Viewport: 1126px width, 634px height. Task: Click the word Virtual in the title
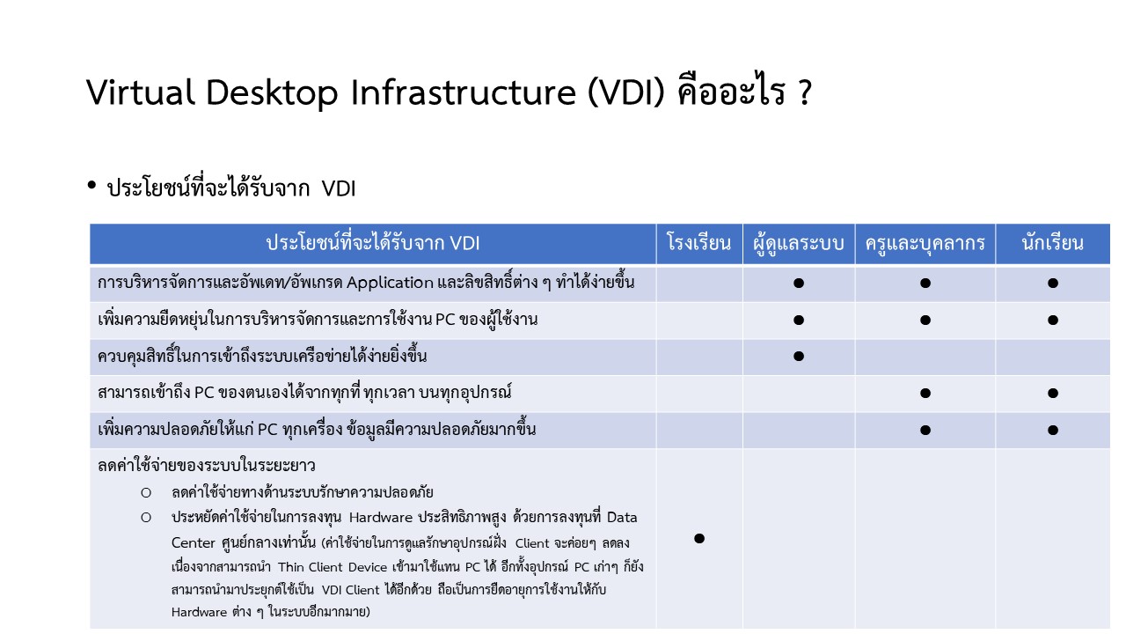tap(140, 92)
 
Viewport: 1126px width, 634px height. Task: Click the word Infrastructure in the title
tap(463, 92)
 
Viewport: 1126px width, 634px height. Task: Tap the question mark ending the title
tap(804, 92)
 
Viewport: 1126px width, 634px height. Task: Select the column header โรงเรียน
tap(698, 243)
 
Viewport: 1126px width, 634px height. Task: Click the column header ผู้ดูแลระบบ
tap(798, 244)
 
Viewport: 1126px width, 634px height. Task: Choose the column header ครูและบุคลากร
tap(925, 244)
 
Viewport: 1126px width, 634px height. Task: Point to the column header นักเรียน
tap(1053, 243)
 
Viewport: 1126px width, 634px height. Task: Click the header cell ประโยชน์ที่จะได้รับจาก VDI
tap(372, 243)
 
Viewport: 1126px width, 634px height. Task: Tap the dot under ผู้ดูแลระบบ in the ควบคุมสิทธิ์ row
tap(798, 357)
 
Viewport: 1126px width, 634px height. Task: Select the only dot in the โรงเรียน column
tap(698, 538)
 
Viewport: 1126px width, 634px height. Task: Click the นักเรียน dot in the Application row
tap(1053, 283)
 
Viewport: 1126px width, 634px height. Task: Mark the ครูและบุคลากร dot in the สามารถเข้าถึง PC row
tap(925, 393)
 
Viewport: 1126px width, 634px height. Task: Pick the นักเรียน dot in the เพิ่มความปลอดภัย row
tap(1053, 430)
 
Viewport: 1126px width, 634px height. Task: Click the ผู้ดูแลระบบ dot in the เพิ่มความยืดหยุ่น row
tap(798, 320)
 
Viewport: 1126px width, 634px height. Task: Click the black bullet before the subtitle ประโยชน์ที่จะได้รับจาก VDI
tap(91, 185)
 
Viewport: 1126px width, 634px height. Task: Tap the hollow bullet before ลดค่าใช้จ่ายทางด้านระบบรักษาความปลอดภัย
tap(146, 492)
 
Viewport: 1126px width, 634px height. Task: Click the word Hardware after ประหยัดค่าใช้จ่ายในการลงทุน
tap(381, 517)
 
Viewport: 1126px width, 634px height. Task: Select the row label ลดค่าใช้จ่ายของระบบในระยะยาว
tap(206, 466)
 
